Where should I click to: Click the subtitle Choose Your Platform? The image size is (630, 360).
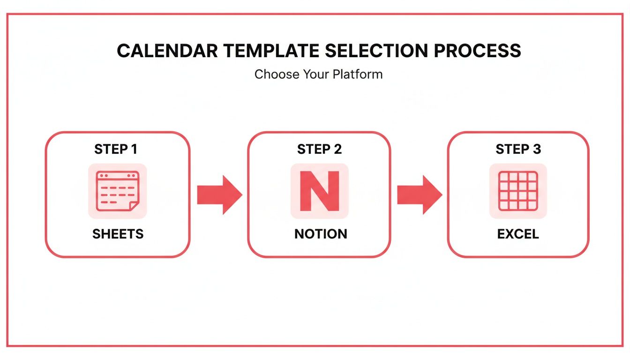(318, 74)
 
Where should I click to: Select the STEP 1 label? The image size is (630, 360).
(116, 150)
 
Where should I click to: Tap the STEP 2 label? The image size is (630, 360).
(319, 150)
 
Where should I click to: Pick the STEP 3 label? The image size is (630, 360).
(518, 150)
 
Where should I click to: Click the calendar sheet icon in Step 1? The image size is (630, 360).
(117, 191)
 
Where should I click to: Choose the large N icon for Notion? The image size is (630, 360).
(319, 191)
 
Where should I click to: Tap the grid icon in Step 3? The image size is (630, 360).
(518, 191)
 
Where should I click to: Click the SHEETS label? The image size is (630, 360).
(118, 234)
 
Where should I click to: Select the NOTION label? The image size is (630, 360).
(321, 234)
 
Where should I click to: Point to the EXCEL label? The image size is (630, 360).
(518, 234)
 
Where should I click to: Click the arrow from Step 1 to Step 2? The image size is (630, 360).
(219, 195)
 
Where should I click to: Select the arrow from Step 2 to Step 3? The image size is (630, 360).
(419, 195)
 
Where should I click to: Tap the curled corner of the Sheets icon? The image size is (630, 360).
(134, 206)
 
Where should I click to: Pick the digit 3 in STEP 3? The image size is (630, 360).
(536, 150)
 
